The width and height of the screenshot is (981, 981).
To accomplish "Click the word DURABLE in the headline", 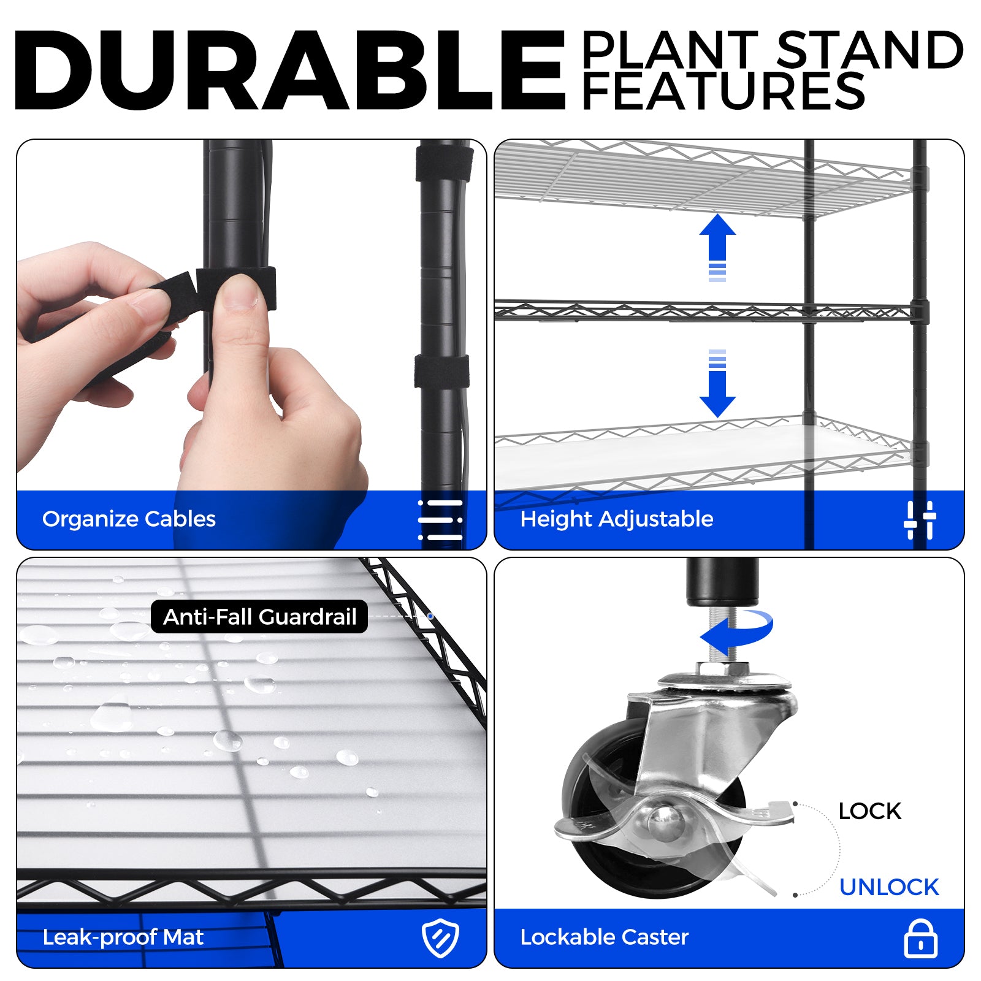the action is (289, 71).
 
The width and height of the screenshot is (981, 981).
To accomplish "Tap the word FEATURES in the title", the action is (723, 91).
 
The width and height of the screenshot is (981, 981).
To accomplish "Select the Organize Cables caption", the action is (129, 519).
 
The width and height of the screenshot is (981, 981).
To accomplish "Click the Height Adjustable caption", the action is (617, 519).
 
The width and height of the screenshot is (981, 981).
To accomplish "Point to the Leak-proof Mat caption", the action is (123, 937).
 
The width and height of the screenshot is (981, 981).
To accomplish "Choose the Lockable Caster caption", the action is (605, 937).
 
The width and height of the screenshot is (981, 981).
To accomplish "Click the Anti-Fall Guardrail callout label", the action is (259, 616).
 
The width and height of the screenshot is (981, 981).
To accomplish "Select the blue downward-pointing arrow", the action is (717, 384).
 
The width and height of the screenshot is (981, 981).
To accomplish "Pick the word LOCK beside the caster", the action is (869, 811).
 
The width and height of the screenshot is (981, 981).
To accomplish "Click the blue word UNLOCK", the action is (889, 887).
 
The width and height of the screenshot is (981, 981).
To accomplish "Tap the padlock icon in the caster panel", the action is (920, 938).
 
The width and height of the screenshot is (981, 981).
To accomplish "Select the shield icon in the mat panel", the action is (440, 938).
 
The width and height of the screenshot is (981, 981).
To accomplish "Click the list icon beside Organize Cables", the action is (440, 520).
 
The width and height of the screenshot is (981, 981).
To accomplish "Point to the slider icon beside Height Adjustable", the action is (920, 520).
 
